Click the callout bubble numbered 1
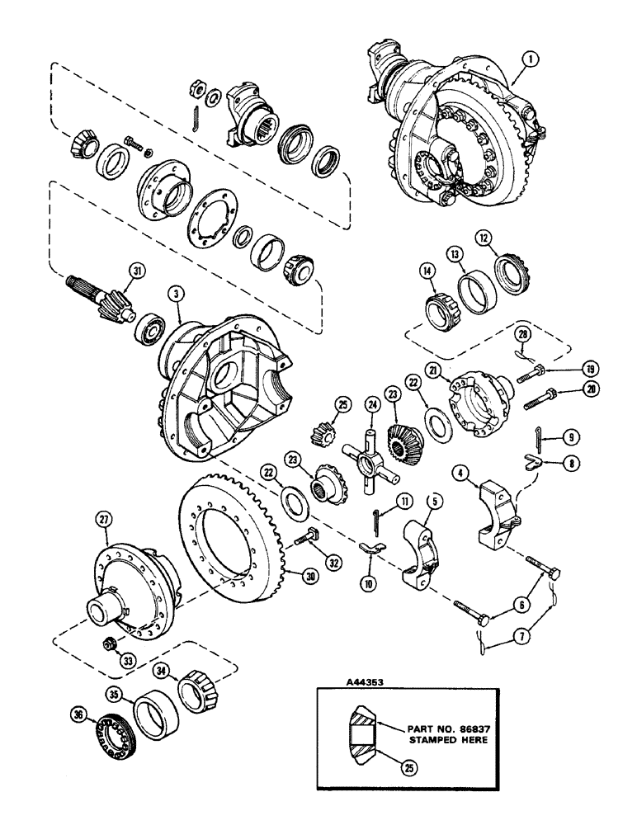coord(512,59)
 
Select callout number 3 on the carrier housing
coord(175,294)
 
